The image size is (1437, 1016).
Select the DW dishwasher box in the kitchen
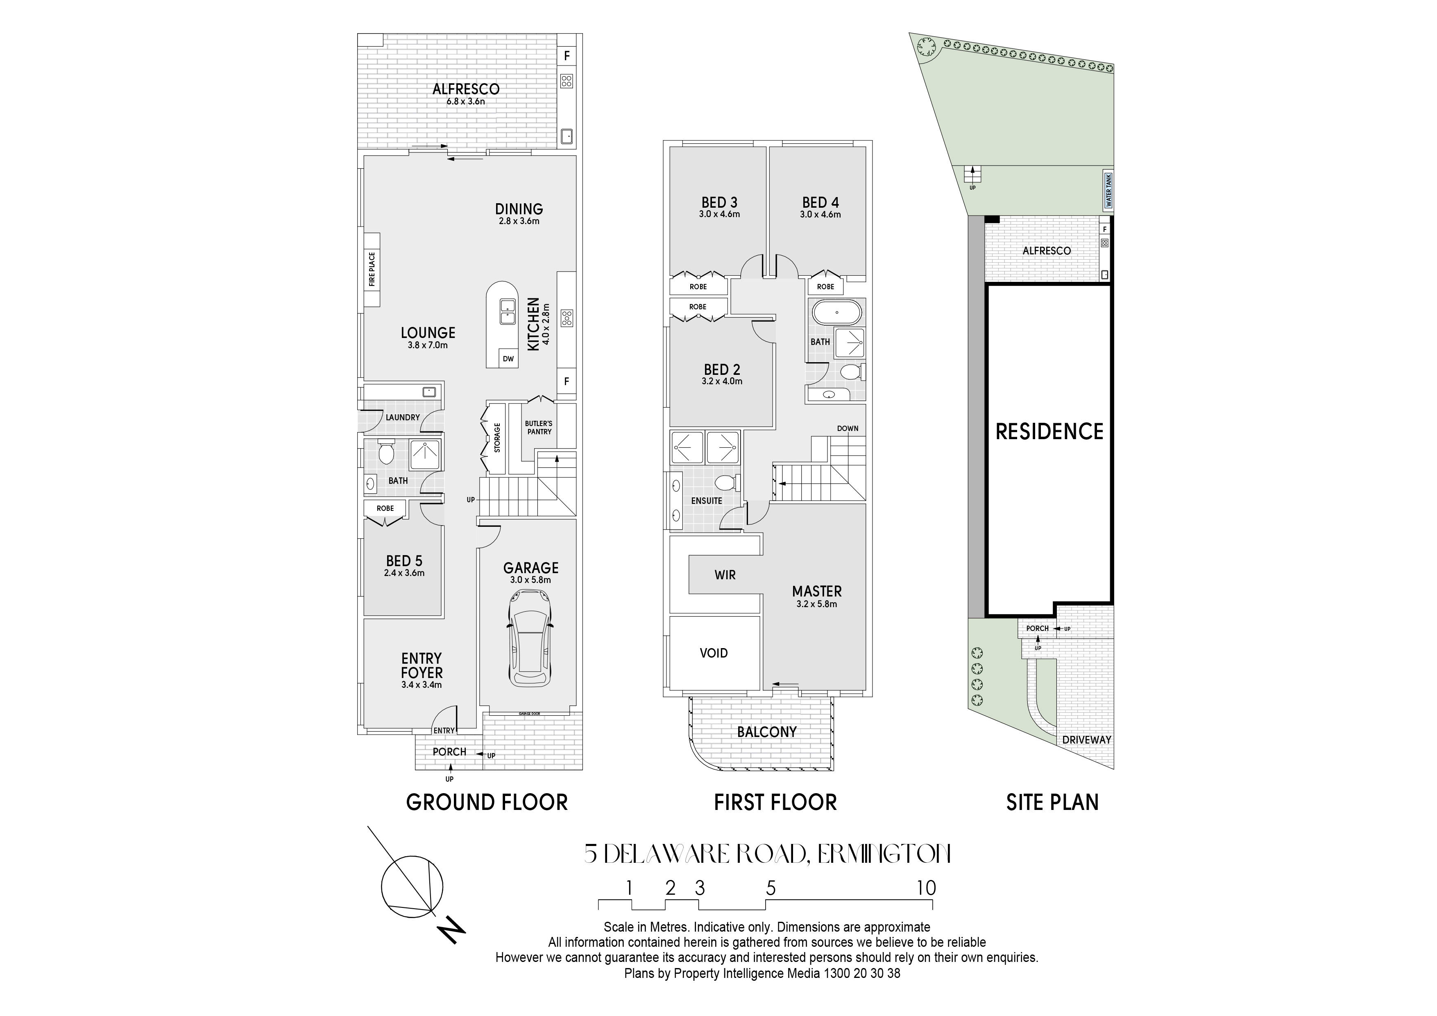tap(508, 359)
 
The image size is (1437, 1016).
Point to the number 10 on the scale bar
tap(926, 888)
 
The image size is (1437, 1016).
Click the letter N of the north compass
tap(453, 930)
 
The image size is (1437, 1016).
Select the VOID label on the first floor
tap(714, 653)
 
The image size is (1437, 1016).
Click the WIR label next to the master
tap(725, 575)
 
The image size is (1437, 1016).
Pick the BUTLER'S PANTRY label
tap(539, 428)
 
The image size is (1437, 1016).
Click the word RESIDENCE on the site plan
tap(1049, 432)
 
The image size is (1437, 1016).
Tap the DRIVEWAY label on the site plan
tap(1086, 739)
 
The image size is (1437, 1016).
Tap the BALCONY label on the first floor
tap(767, 732)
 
